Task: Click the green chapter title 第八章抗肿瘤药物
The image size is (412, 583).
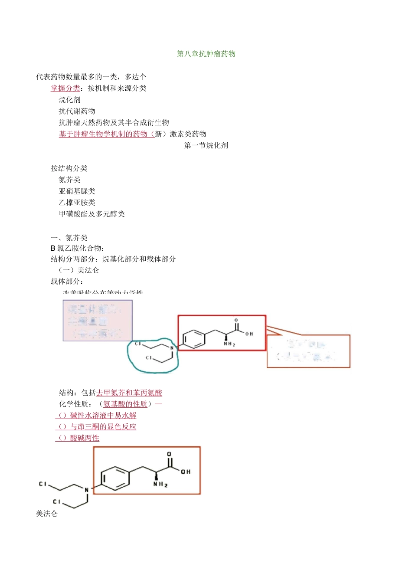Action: point(206,54)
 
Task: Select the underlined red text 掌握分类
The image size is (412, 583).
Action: point(65,88)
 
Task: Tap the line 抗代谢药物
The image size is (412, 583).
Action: point(77,111)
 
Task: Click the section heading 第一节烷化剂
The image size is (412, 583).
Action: point(206,145)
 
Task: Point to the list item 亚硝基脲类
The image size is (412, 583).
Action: point(77,191)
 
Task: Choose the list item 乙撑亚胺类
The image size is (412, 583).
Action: point(77,202)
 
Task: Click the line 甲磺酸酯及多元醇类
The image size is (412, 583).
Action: point(92,213)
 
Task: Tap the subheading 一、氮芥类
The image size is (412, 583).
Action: point(69,238)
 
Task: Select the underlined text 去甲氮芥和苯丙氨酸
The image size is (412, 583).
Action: point(129,393)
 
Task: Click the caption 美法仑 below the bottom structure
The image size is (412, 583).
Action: point(47,514)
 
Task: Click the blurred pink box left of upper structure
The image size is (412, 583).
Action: point(98,321)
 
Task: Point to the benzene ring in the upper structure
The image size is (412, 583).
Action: point(193,339)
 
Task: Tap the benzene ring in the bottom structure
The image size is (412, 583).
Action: point(115,478)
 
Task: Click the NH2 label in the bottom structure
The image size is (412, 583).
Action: point(160,484)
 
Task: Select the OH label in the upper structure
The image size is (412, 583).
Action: point(249,334)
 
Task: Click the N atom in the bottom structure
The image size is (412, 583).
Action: point(87,490)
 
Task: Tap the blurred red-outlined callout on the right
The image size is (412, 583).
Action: point(308,351)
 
